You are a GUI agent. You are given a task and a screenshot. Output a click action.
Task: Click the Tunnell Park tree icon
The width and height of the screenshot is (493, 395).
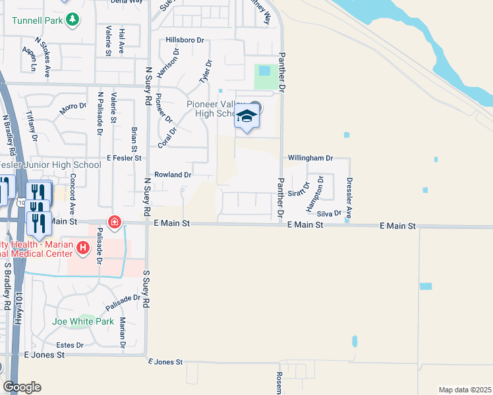74,19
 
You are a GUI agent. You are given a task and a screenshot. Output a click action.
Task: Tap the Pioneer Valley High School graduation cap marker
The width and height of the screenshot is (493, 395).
246,118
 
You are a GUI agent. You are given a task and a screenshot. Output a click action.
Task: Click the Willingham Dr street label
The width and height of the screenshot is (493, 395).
310,159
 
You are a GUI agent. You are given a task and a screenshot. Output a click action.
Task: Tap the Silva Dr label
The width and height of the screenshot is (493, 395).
329,213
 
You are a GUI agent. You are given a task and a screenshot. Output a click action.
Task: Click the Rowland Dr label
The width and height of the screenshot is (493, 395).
172,175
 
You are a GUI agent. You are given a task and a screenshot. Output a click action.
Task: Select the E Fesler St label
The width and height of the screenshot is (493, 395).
124,158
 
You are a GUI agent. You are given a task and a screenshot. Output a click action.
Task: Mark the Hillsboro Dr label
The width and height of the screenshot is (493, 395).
185,40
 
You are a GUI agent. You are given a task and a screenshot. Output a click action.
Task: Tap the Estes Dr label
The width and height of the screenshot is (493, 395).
70,345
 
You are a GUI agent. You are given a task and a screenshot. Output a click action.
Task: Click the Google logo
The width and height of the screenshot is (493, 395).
22,387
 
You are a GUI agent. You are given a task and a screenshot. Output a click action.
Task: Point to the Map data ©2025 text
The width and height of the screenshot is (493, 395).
465,389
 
